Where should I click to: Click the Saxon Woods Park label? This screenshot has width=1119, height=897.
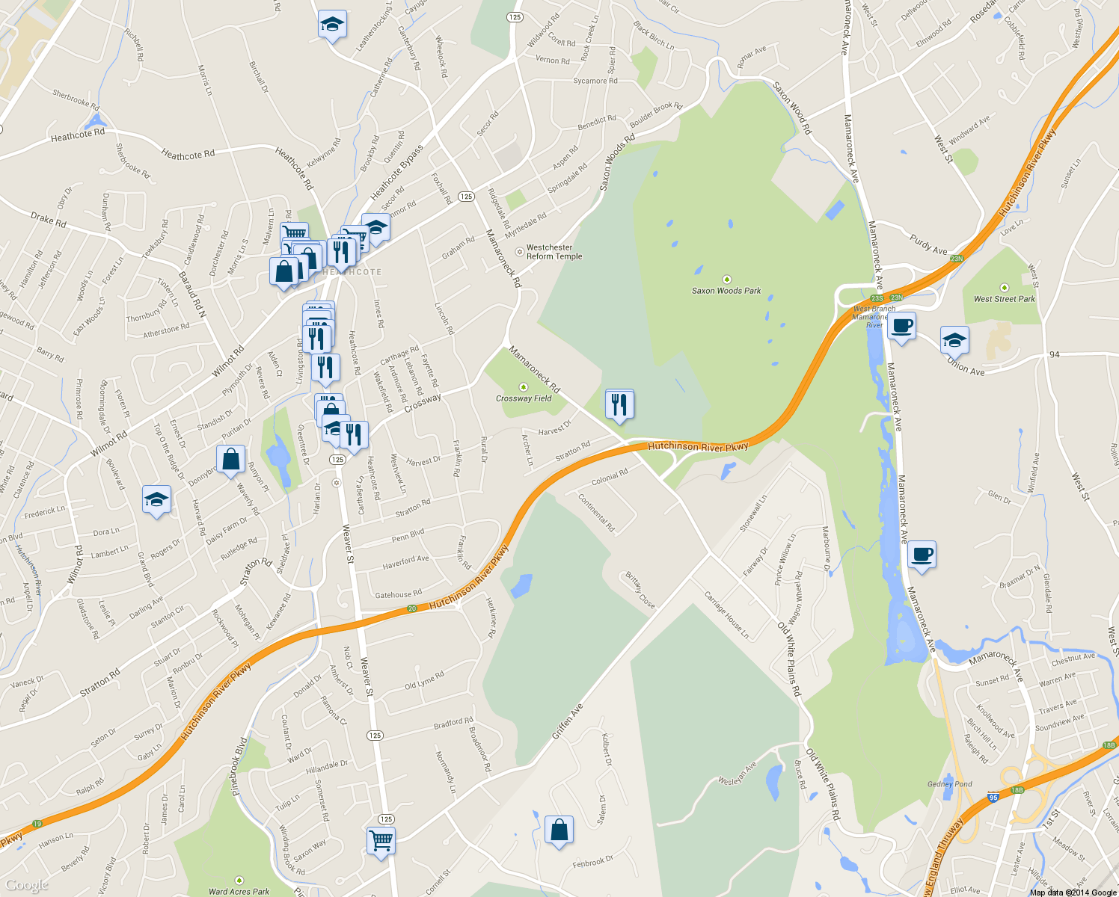tap(726, 291)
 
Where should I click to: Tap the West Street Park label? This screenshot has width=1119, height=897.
tap(1004, 299)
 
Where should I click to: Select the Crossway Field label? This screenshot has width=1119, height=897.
tap(524, 398)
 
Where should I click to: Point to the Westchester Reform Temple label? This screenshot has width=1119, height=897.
tap(554, 252)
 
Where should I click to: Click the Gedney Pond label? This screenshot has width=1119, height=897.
tap(950, 784)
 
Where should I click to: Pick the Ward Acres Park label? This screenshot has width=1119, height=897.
tap(239, 891)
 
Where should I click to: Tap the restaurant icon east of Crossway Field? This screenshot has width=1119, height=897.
tap(619, 404)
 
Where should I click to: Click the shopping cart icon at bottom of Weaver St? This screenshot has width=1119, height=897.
tap(381, 840)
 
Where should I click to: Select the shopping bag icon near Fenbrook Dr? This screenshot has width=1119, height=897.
tap(559, 830)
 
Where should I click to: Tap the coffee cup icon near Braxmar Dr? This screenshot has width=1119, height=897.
tap(922, 555)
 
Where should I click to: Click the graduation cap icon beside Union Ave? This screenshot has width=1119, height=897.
tap(954, 340)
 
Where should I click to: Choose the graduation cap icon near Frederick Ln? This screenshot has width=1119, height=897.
tap(156, 499)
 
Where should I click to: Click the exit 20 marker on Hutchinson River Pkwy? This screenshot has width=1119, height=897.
tap(412, 608)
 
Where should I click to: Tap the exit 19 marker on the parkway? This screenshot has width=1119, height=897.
tap(37, 824)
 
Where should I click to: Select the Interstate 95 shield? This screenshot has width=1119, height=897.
tap(993, 798)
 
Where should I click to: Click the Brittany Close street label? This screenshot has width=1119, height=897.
tap(640, 591)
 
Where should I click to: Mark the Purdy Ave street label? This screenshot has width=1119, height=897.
tap(928, 244)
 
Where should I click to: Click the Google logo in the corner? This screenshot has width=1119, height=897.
tap(27, 885)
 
